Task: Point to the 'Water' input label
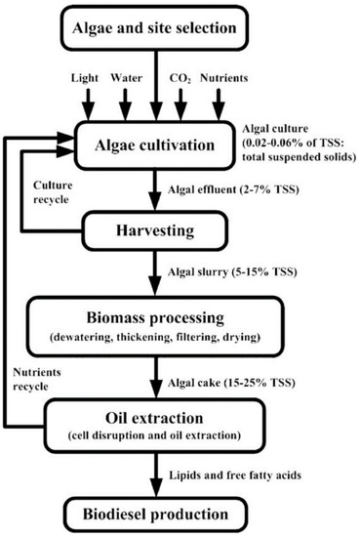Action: [x=127, y=74]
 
